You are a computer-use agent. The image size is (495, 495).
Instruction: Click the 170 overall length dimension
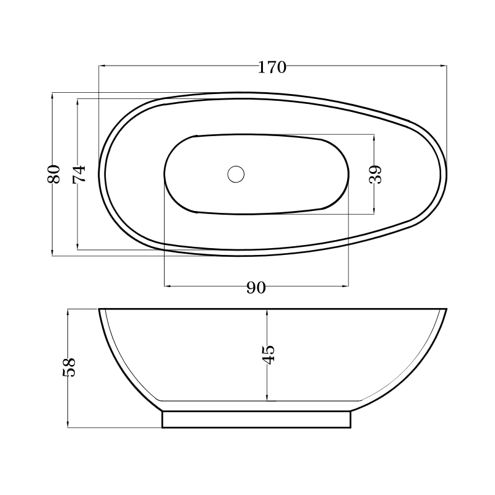272,67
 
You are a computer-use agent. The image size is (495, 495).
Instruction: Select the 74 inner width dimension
79,174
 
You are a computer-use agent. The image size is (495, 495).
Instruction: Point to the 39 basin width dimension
375,174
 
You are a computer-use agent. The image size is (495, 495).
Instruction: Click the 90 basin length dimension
256,287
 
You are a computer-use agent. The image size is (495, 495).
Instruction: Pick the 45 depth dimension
268,355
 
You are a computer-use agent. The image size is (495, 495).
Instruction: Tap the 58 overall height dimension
69,367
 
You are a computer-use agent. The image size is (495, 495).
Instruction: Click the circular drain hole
236,174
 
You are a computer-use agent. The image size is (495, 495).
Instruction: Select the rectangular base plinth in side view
256,420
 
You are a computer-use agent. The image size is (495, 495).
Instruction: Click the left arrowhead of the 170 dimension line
101,66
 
